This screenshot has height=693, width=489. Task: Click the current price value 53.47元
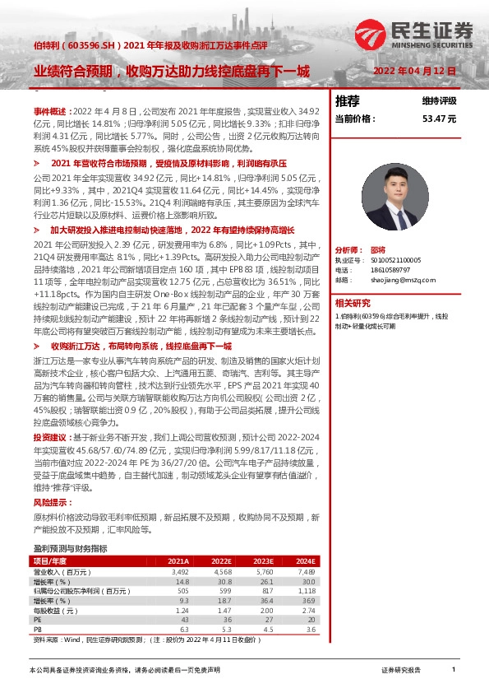click(438, 119)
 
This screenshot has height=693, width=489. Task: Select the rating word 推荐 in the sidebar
click(348, 100)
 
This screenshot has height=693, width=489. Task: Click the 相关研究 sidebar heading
click(353, 302)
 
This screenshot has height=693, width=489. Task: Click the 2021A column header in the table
click(178, 560)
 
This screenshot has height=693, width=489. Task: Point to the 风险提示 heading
click(47, 501)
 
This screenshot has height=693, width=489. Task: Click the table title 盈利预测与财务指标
click(70, 548)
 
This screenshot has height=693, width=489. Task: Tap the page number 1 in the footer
click(454, 671)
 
